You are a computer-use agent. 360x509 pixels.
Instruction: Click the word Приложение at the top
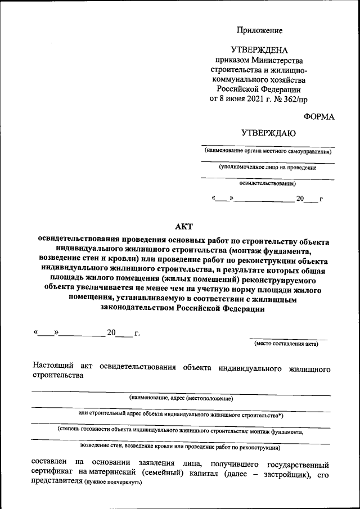point(259,30)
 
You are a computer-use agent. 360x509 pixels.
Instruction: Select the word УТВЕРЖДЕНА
point(259,51)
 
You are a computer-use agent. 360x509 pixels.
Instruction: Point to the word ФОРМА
point(318,116)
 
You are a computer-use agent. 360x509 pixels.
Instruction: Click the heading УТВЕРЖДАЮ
point(268,133)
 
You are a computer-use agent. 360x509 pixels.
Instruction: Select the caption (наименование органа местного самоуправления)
point(268,151)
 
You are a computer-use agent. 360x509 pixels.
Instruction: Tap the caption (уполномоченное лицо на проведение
point(268,167)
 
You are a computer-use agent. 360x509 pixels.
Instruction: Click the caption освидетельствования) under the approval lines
point(268,183)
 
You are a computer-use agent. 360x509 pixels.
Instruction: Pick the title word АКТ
point(183,226)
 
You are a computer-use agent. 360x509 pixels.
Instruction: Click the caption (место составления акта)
point(286,344)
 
